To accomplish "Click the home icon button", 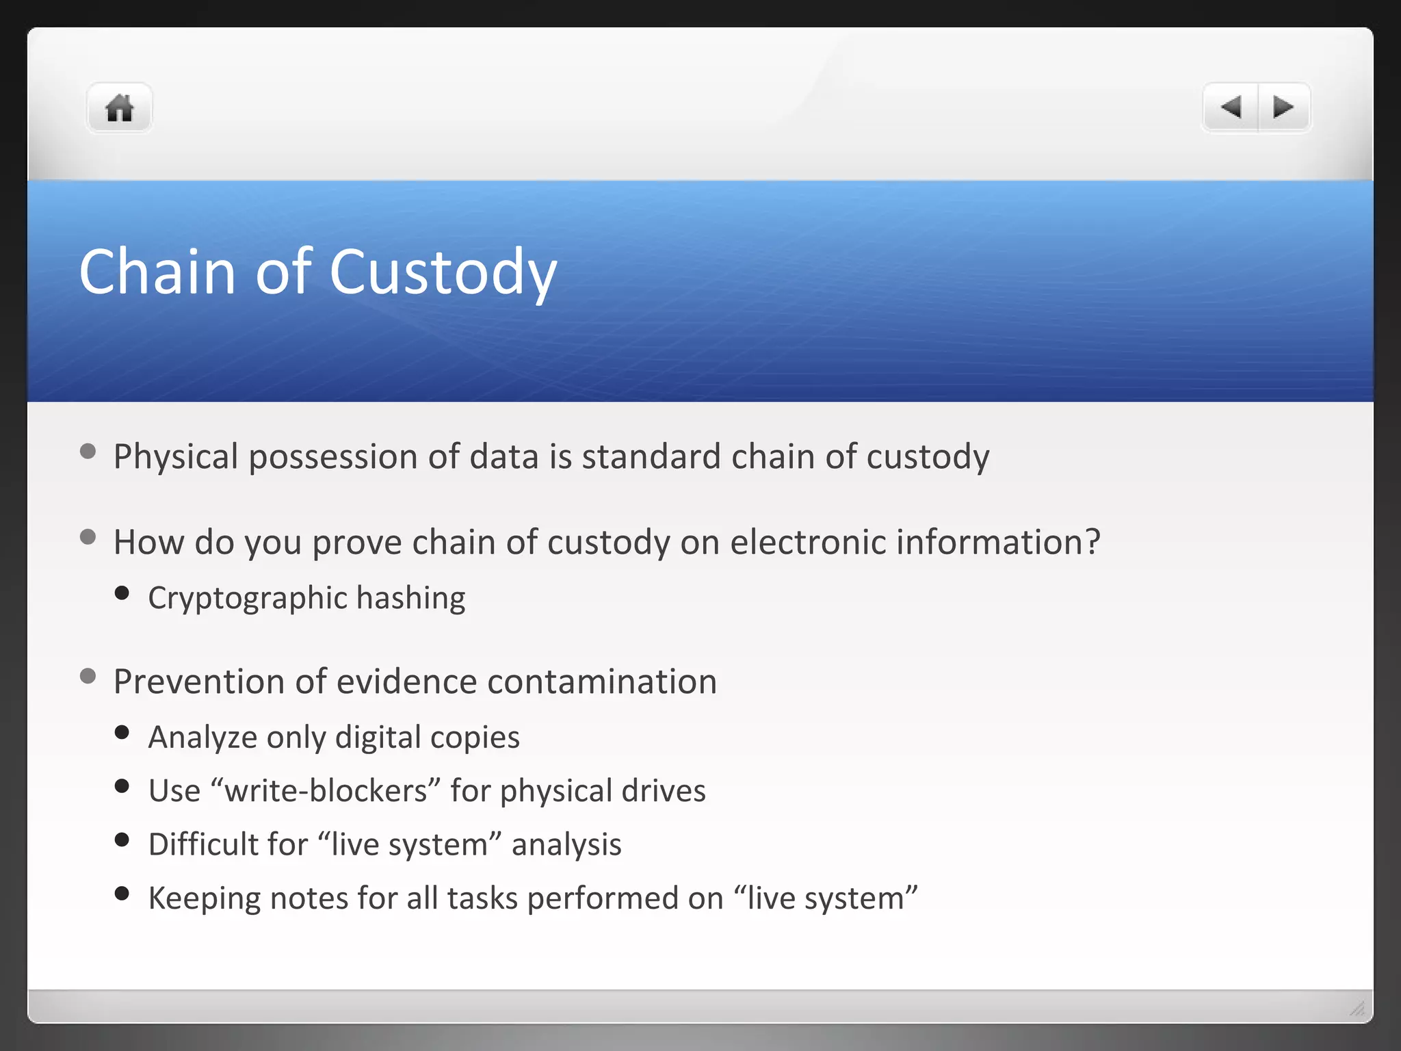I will coord(119,108).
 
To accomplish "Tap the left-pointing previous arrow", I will coord(1231,107).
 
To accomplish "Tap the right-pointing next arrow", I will coord(1283,107).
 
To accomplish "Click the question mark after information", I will coord(1092,541).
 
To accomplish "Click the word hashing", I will coord(410,597).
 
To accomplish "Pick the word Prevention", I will coord(198,682).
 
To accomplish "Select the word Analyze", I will coord(202,738).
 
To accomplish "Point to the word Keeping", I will coord(205,898).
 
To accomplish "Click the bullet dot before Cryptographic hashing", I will coord(122,593).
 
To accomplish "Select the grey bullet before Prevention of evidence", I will coord(88,676).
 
